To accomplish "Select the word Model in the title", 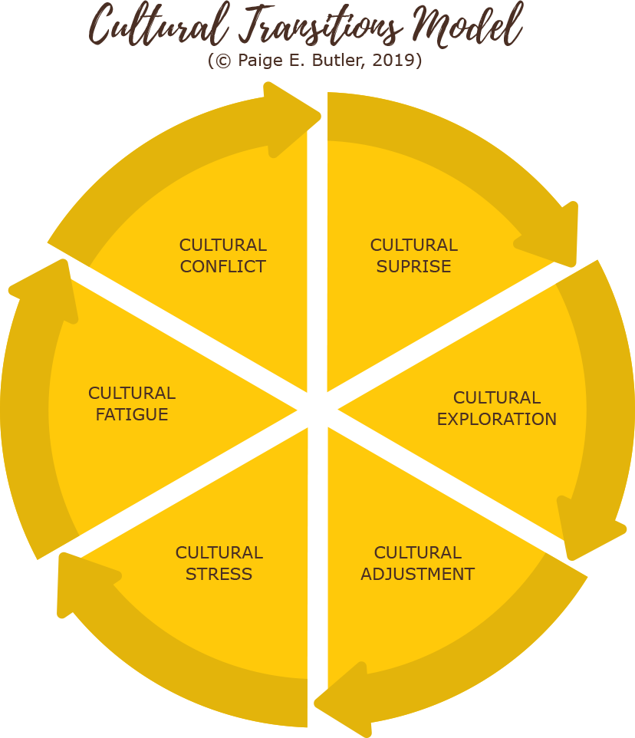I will [x=468, y=27].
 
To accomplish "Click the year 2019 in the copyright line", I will [x=394, y=61].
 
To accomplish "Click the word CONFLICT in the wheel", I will [x=223, y=267].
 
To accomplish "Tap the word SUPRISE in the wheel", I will [x=413, y=267].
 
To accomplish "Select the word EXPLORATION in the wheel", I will [x=497, y=420].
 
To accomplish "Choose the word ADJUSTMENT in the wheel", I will [x=417, y=574].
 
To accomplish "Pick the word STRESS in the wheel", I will [x=219, y=574].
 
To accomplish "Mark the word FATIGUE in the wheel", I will [x=132, y=415].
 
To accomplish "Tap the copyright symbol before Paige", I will [x=223, y=61].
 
